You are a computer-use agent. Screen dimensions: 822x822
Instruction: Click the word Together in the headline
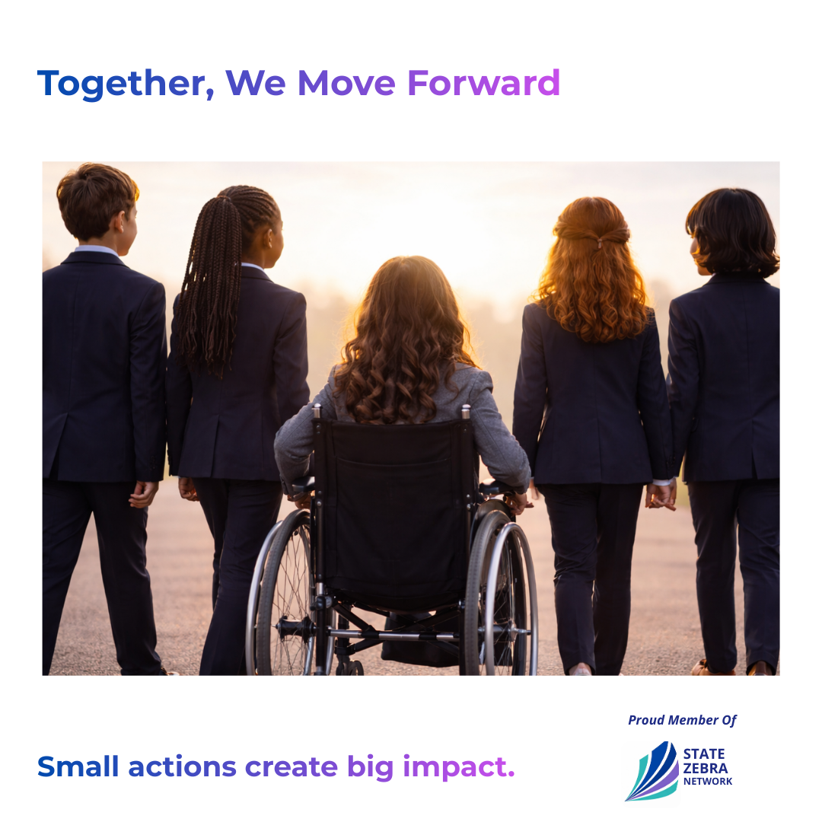point(126,84)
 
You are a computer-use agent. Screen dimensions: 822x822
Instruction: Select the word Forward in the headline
point(483,83)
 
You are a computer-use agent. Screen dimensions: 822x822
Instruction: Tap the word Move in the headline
point(346,83)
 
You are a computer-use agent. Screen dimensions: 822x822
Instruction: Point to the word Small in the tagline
point(78,766)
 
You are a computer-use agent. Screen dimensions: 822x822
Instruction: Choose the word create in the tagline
point(291,767)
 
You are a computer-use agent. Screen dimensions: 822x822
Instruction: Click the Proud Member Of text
point(682,720)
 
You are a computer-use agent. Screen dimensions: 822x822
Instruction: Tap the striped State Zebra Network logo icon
point(652,771)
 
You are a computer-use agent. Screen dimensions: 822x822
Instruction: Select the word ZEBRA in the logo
point(705,769)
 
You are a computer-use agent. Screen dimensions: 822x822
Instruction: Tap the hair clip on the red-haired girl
point(599,242)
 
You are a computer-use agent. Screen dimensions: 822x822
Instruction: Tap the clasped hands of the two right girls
point(661,495)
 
